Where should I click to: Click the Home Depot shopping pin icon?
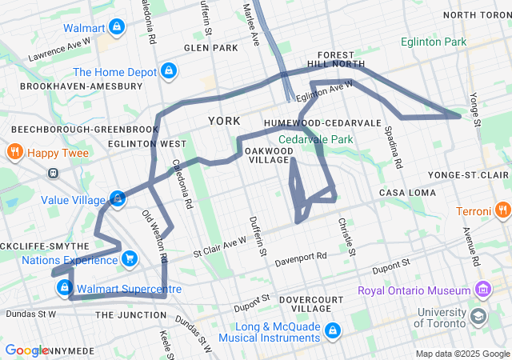[x=168, y=72]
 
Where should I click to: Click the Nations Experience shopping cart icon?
[x=130, y=258]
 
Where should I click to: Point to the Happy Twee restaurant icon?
[x=14, y=151]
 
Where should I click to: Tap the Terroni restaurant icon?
[x=502, y=211]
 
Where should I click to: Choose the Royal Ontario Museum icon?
[x=482, y=289]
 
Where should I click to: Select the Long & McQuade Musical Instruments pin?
[x=335, y=329]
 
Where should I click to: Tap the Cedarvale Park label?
[x=315, y=139]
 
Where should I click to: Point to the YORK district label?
[x=223, y=121]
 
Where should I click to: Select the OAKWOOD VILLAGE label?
[x=267, y=155]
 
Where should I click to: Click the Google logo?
[x=26, y=350]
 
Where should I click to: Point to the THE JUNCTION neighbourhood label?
[x=130, y=315]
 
